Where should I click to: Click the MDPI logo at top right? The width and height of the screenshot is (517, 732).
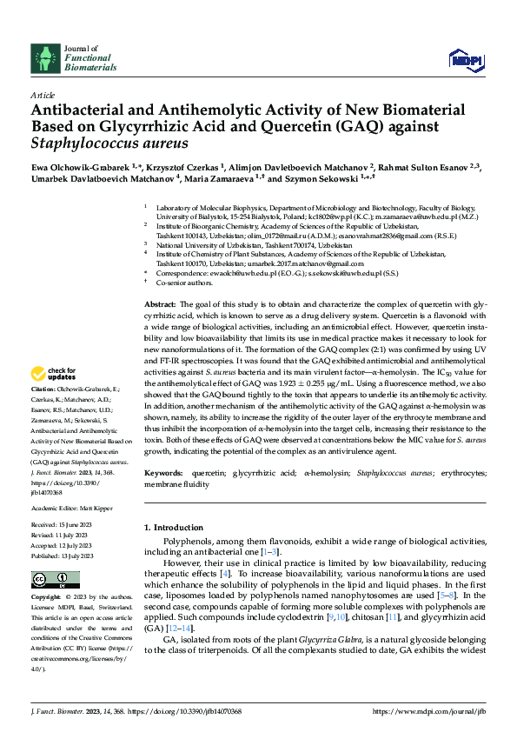click(x=465, y=59)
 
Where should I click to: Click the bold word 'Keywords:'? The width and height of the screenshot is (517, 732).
click(x=162, y=473)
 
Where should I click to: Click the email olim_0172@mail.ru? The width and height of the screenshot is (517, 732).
click(x=273, y=236)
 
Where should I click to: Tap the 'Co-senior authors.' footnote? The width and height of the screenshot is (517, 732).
click(x=183, y=283)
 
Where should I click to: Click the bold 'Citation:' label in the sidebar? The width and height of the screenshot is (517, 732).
click(x=43, y=389)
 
